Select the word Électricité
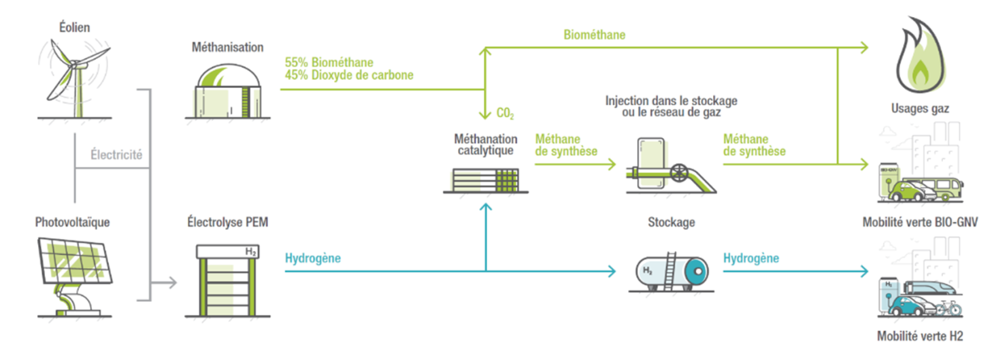point(116,154)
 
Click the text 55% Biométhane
point(329,62)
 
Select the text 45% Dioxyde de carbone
point(348,75)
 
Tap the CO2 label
point(505,113)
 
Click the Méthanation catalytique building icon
point(485,180)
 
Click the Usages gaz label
point(920,108)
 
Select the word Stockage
point(671,223)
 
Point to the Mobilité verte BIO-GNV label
point(920,222)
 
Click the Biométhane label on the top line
point(594,35)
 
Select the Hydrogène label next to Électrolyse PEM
point(312,259)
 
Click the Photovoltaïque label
point(72,223)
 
